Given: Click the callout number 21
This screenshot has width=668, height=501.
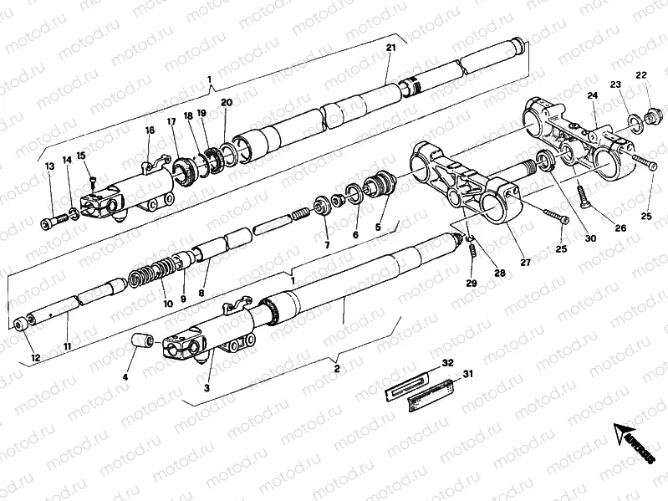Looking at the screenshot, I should point(390,48).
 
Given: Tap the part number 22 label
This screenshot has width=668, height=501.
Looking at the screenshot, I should point(641,76).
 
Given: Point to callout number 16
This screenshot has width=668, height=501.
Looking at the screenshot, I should point(150,130).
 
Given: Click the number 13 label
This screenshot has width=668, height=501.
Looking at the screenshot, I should point(49,166).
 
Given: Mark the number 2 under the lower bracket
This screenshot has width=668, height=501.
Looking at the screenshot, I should point(336,367).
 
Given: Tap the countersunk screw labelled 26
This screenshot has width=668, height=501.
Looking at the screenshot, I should point(583,197).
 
